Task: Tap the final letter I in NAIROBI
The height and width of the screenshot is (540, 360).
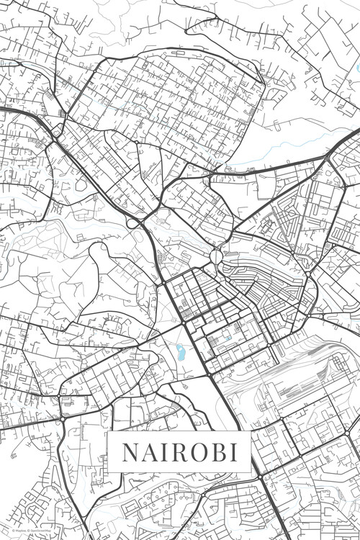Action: tap(238, 452)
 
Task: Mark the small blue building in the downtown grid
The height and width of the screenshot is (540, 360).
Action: tap(228, 338)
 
